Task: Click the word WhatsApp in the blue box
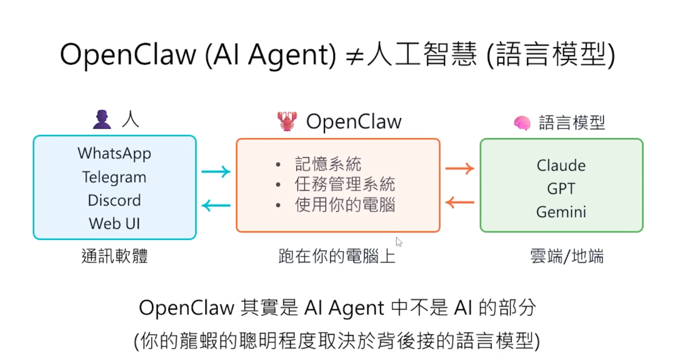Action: click(114, 153)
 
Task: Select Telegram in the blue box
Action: click(114, 177)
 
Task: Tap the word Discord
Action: click(114, 201)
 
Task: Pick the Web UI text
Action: click(114, 223)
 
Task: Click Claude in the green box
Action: click(561, 166)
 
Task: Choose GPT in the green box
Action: click(561, 189)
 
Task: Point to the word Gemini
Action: click(561, 212)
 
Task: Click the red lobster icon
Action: click(287, 121)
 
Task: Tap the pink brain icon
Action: click(522, 123)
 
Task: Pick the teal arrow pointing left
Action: click(216, 205)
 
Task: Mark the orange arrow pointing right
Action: click(459, 168)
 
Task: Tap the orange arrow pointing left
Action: click(459, 202)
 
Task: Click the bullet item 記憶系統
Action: click(328, 164)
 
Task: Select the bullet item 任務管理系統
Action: click(344, 184)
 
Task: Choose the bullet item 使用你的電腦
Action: click(344, 204)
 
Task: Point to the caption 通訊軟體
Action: click(114, 256)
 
